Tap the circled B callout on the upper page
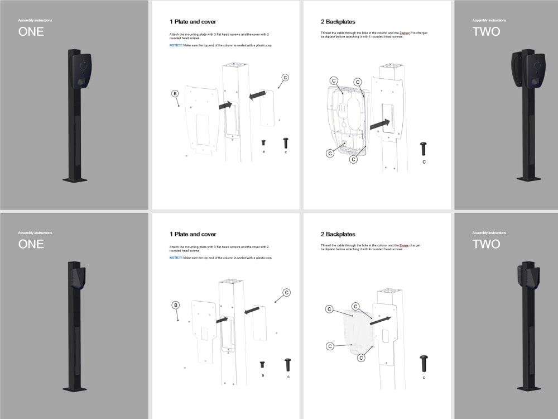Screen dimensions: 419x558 (175, 93)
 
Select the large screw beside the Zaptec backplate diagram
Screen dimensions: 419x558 (424, 149)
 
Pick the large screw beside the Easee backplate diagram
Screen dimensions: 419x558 (424, 363)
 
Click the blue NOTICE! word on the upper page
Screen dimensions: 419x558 (176, 45)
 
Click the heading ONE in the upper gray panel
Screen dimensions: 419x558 (31, 32)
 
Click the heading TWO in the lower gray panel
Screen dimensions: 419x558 (486, 244)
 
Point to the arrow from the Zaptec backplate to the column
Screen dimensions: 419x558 (379, 123)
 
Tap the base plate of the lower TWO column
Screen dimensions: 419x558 (528, 388)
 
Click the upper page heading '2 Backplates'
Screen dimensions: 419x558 (338, 22)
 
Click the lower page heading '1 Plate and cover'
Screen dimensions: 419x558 (193, 234)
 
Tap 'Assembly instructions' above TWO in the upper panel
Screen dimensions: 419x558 (489, 20)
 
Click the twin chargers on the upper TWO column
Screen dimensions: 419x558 (528, 70)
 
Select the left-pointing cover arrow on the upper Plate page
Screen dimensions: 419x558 (257, 96)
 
